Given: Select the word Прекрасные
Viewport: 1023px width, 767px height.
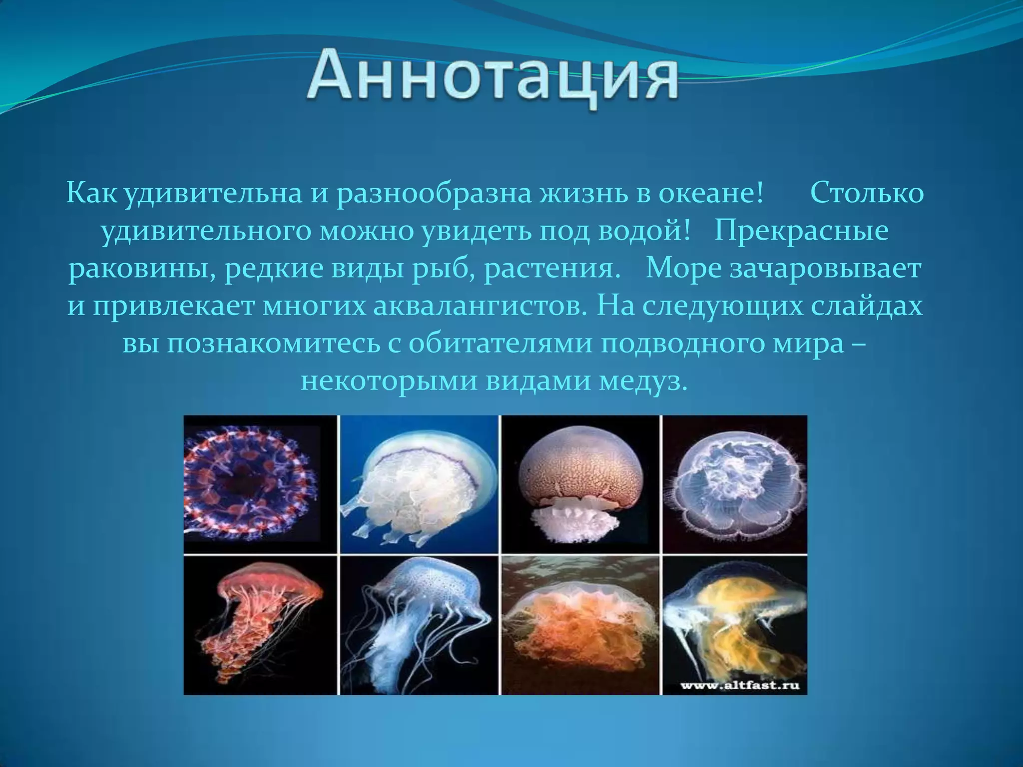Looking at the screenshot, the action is click(801, 231).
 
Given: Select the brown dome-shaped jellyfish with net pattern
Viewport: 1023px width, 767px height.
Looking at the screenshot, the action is click(579, 483).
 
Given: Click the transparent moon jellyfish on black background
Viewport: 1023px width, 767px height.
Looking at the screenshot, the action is click(734, 483).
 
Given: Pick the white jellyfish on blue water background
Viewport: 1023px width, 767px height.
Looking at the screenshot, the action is click(420, 483).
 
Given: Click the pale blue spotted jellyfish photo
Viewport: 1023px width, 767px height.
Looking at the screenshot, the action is click(420, 624).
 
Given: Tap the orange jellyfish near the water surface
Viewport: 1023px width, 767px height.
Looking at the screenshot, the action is click(579, 624).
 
